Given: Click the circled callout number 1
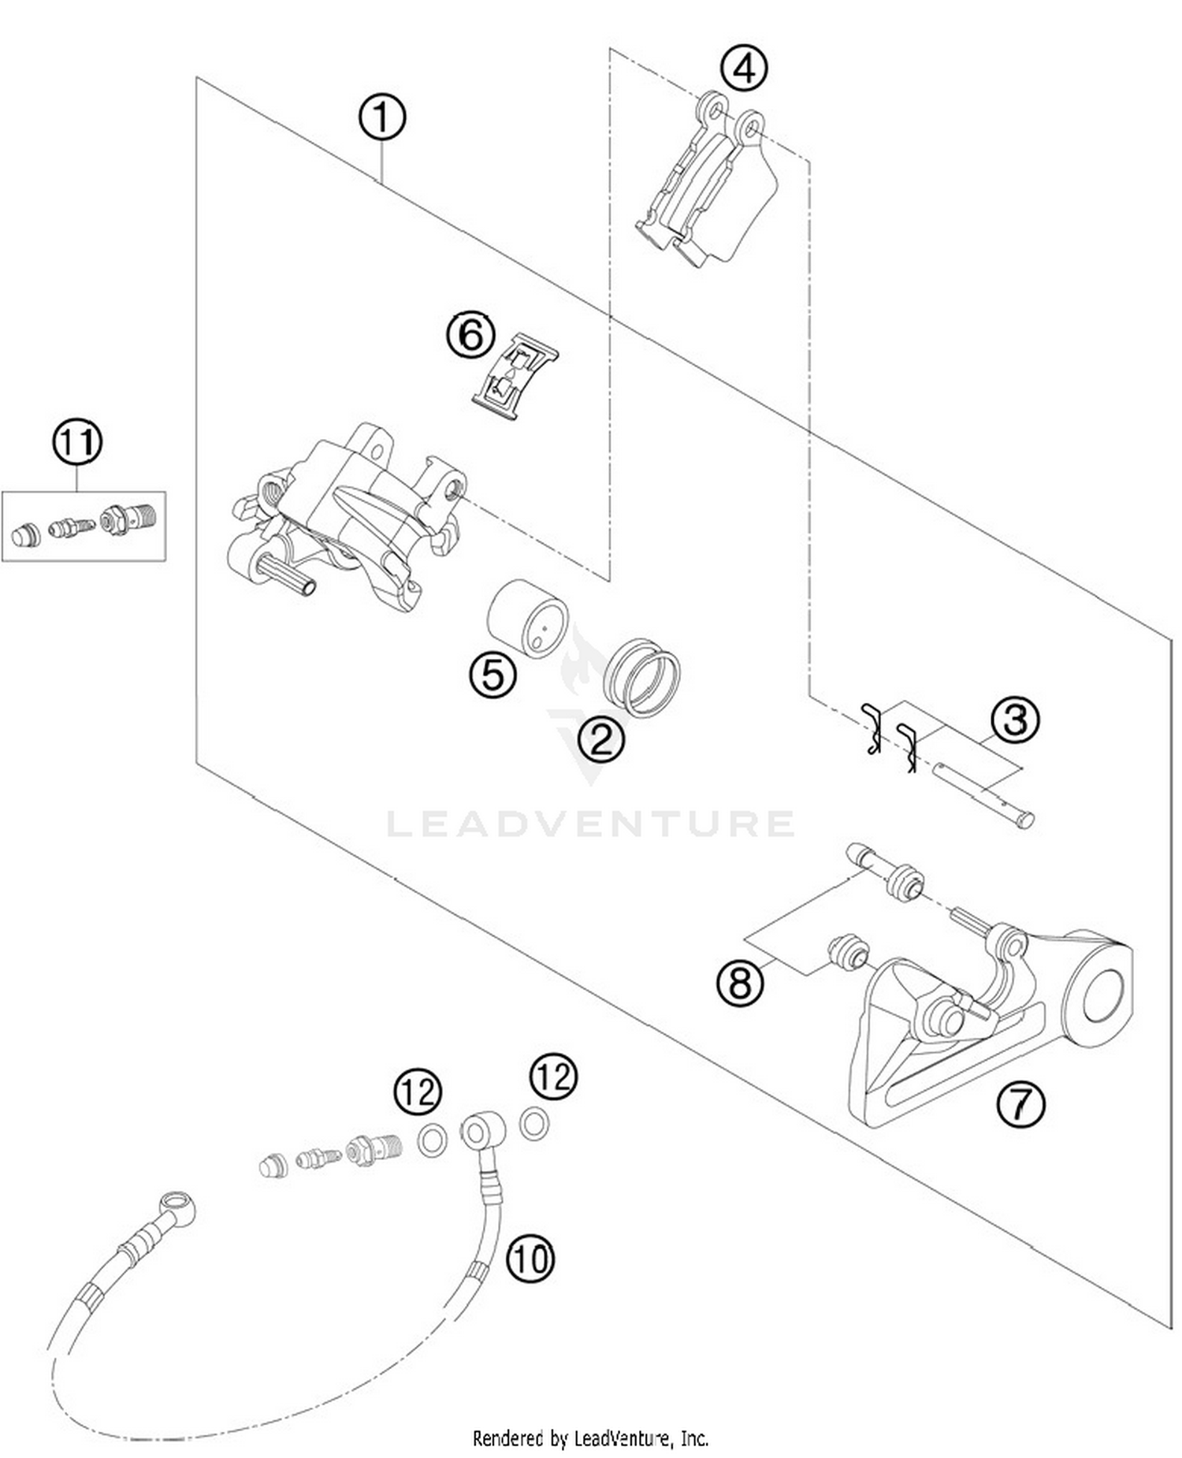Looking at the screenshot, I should pyautogui.click(x=381, y=118).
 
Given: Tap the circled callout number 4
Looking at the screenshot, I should pyautogui.click(x=744, y=68).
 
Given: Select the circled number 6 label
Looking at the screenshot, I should pyautogui.click(x=470, y=336).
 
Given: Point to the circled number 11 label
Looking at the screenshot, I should pyautogui.click(x=77, y=442).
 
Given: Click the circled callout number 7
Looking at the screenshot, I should pyautogui.click(x=1020, y=1103).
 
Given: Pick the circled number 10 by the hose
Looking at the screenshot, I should pyautogui.click(x=530, y=1258).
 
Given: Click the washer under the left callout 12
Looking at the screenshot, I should pyautogui.click(x=432, y=1140).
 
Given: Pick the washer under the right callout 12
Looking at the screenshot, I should pyautogui.click(x=534, y=1124).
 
